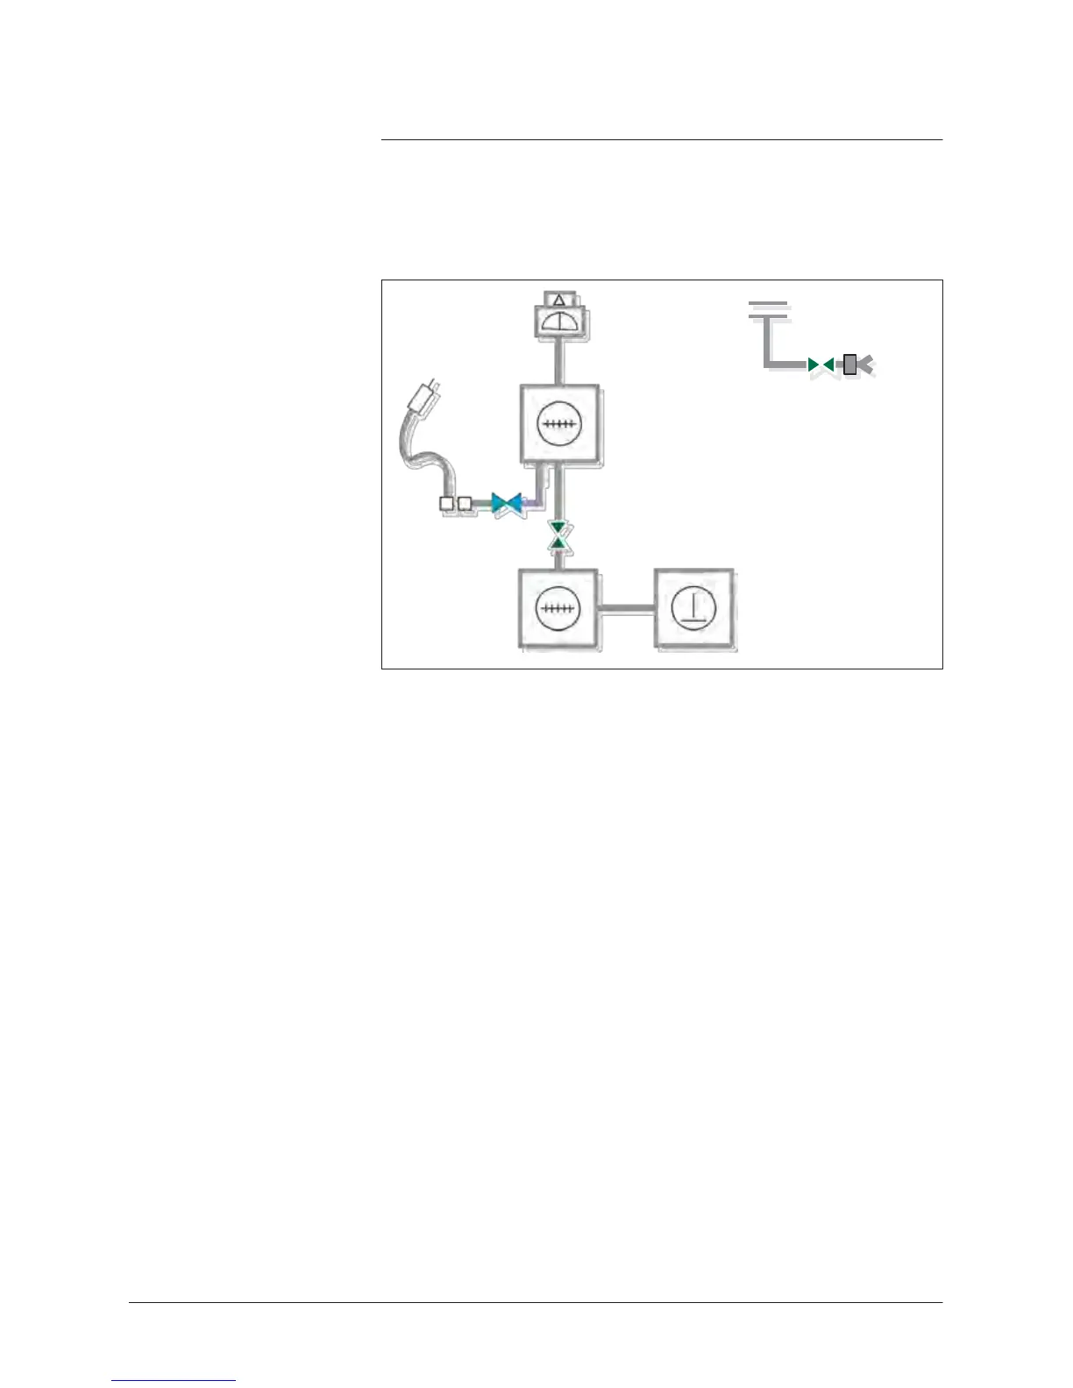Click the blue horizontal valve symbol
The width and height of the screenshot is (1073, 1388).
tap(508, 504)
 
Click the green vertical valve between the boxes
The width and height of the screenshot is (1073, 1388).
tap(558, 535)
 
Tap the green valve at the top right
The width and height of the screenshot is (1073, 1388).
tap(821, 364)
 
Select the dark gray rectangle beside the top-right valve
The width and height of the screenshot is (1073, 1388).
tap(849, 364)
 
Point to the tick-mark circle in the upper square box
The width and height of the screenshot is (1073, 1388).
tap(558, 424)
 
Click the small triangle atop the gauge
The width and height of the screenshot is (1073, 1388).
tap(559, 300)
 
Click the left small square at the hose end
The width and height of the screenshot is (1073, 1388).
tap(447, 504)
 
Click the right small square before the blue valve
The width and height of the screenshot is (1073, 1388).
tap(465, 504)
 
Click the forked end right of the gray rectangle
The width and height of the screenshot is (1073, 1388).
tap(866, 364)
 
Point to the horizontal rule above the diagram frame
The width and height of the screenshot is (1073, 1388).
tap(662, 139)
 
